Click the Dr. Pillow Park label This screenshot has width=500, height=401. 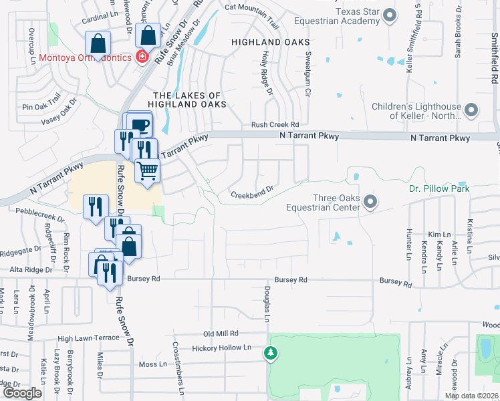(439, 188)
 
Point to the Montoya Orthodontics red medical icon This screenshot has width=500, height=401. (141, 57)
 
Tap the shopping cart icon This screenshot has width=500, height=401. (148, 170)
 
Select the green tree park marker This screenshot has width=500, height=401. (271, 352)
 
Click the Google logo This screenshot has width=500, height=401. (22, 392)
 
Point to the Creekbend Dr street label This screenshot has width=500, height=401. (253, 192)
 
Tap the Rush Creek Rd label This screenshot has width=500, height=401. (275, 124)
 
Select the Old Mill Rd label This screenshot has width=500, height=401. (221, 333)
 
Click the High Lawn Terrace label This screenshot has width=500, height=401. (88, 339)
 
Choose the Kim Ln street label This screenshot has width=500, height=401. (440, 235)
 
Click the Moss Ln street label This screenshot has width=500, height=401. (152, 364)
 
